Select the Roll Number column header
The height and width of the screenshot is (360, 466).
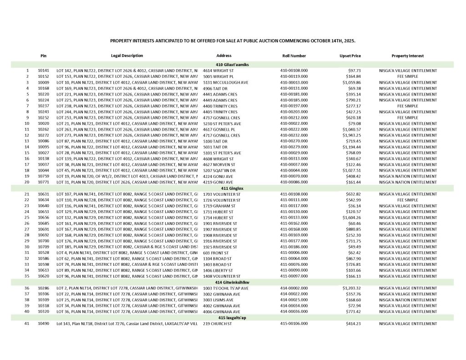[x=294, y=56]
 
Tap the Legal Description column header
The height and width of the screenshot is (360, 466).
[x=127, y=56]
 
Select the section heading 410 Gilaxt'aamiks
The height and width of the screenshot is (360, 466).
[x=232, y=65]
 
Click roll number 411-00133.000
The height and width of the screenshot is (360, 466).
[x=294, y=218]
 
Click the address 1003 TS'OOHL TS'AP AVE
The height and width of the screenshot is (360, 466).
[x=226, y=288]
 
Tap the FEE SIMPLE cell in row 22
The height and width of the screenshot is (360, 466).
[x=408, y=200]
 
